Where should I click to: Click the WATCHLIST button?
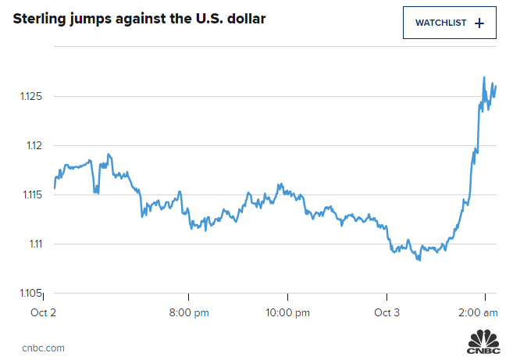(x=448, y=23)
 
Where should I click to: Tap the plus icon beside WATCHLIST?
(x=479, y=23)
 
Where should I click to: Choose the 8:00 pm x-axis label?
(x=189, y=312)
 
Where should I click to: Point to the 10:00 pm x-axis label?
(x=287, y=312)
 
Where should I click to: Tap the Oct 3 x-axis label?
(x=387, y=312)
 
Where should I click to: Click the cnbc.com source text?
(x=44, y=348)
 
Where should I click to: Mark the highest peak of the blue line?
(x=484, y=78)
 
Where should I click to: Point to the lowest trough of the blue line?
(x=419, y=259)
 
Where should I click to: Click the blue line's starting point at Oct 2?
(x=54, y=188)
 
